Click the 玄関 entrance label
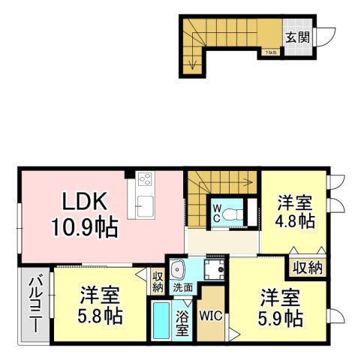[297, 37]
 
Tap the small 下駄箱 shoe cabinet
[270, 52]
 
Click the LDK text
[84, 202]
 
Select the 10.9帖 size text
[84, 226]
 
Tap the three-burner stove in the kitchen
[144, 181]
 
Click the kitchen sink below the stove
[143, 205]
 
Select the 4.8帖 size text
[294, 222]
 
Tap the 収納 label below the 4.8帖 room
[306, 268]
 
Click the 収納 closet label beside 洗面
[157, 281]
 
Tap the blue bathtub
[160, 322]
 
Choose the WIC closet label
[211, 316]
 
